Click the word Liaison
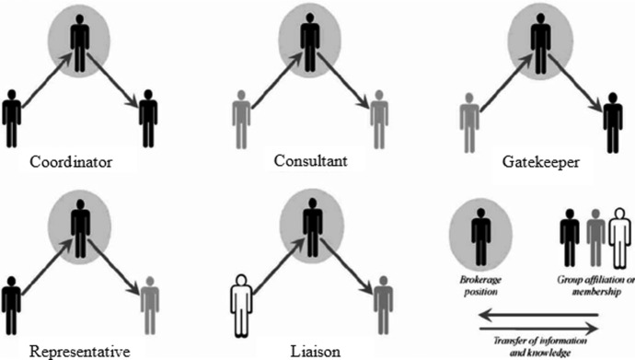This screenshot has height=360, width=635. click(x=311, y=351)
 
